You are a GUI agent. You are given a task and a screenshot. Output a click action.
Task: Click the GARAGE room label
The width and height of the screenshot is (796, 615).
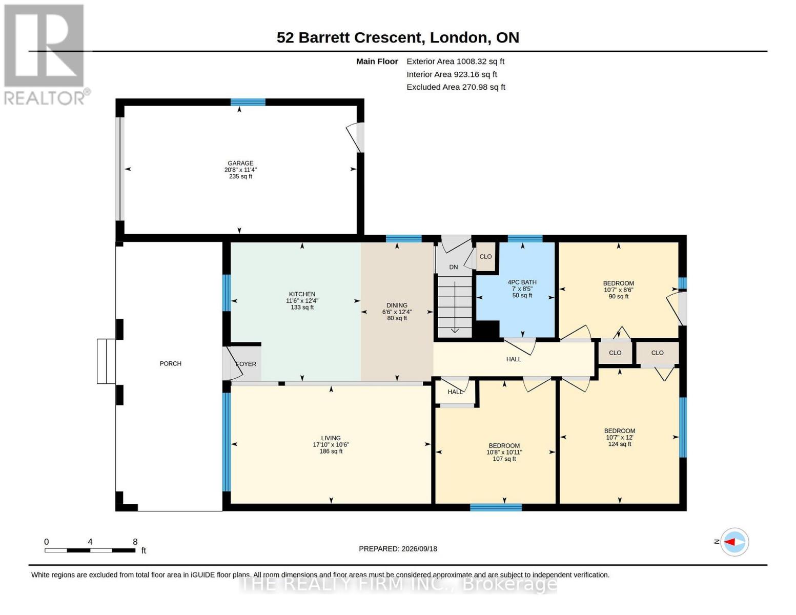[240, 163]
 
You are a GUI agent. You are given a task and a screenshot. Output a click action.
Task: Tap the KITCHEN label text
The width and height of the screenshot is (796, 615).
[302, 294]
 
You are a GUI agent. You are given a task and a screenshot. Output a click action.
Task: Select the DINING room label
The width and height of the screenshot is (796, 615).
[397, 305]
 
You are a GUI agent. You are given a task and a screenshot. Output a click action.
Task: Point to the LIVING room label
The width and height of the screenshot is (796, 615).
[331, 438]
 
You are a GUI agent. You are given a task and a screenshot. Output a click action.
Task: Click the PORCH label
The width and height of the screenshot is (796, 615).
[170, 363]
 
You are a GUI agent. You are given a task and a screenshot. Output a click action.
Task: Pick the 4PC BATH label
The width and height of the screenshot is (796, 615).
[522, 282]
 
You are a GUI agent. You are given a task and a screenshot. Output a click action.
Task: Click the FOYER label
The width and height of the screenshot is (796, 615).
[246, 364]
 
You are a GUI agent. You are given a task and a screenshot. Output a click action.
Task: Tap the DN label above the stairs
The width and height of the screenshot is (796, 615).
[454, 267]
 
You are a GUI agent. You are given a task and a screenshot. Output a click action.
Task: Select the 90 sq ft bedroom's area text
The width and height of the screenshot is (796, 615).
[619, 296]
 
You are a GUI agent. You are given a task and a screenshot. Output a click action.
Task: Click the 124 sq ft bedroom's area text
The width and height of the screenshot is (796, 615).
[620, 444]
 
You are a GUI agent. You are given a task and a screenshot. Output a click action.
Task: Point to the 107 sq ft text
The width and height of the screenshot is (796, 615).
[504, 459]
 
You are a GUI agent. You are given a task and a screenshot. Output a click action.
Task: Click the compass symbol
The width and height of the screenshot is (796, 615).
[734, 542]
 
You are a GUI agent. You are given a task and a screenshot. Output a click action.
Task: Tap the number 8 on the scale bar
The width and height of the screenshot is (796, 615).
[135, 541]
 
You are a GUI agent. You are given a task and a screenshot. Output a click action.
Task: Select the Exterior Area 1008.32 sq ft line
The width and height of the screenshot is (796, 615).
[455, 61]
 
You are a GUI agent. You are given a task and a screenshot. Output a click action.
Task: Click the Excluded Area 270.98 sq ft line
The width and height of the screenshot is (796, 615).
[456, 87]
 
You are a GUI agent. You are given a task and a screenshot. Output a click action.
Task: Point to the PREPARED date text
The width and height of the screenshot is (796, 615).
[398, 549]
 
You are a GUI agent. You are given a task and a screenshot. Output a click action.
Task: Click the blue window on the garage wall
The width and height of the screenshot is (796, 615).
[248, 102]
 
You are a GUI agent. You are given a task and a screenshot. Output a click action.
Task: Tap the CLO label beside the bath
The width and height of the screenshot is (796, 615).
[485, 256]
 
